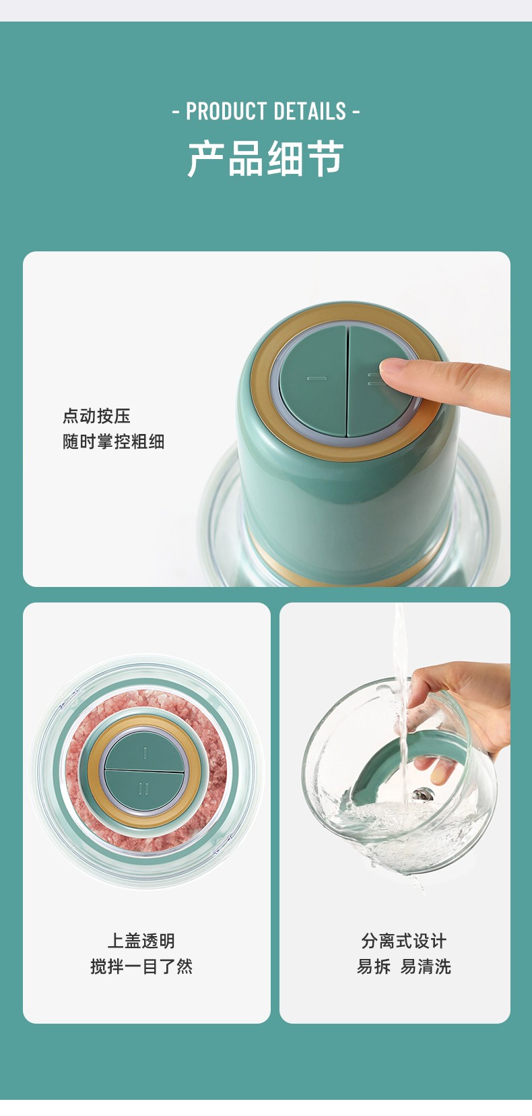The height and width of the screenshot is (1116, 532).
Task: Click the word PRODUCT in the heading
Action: pos(226,111)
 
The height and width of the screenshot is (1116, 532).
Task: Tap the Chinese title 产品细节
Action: pos(266,159)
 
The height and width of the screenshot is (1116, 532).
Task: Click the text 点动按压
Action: pos(96,416)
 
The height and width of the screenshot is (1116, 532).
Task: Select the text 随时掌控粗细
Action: pos(113,441)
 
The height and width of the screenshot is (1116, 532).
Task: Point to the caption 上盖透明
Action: pos(141,941)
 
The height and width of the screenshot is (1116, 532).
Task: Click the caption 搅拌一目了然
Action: pos(141,966)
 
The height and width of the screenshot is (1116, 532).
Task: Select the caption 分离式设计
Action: pos(403,941)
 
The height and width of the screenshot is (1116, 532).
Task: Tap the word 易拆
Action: pos(374,966)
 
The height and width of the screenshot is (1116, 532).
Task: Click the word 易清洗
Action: pos(426,966)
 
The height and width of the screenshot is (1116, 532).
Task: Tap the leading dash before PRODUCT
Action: pos(176,111)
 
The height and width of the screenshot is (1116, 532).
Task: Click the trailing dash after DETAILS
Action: pos(356,111)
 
